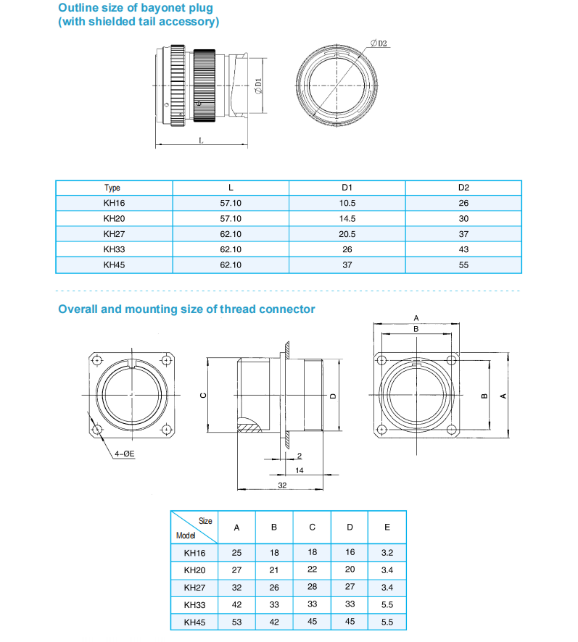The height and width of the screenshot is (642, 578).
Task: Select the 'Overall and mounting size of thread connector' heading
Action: (186, 309)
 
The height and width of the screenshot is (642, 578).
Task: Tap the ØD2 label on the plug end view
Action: (379, 43)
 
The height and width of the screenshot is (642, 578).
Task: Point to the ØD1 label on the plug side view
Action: (258, 86)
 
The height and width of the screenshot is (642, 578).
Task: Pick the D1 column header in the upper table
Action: (347, 188)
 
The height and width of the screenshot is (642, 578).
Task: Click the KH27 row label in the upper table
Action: (114, 234)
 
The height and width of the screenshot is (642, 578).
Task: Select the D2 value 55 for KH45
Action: (463, 265)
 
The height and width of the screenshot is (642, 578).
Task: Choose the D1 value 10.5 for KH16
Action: (347, 204)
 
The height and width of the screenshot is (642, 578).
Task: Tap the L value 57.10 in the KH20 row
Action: (231, 219)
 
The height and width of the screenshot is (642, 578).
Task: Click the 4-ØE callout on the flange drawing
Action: (125, 454)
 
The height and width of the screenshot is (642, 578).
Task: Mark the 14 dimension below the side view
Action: (299, 470)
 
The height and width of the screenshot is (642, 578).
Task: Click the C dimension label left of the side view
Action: (204, 396)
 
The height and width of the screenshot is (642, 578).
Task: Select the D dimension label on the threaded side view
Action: (332, 396)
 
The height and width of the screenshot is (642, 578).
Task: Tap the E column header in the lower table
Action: (387, 528)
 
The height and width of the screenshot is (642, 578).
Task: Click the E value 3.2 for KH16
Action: (387, 553)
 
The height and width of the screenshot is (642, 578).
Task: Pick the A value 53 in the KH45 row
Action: (236, 622)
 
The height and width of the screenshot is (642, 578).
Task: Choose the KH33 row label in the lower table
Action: (194, 604)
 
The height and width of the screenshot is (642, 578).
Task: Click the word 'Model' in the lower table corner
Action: (186, 536)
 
